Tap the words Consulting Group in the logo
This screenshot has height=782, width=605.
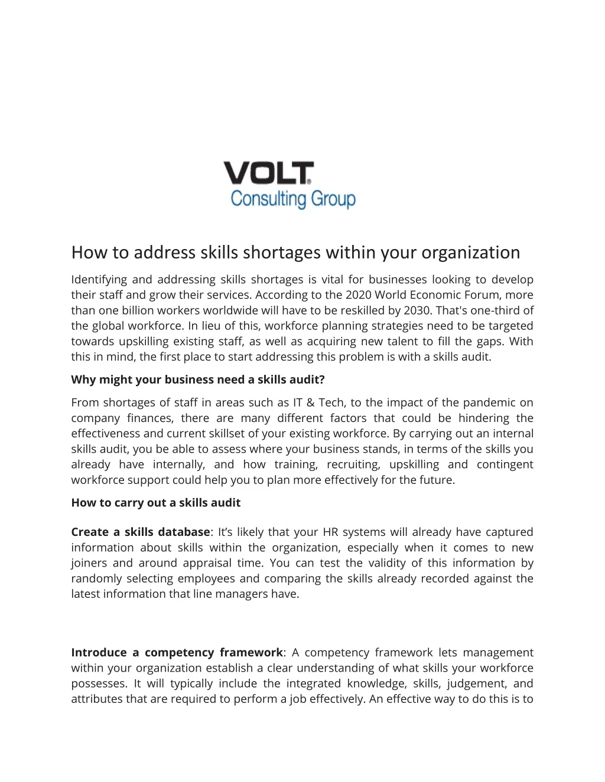click(293, 199)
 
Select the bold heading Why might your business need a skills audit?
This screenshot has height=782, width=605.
click(198, 379)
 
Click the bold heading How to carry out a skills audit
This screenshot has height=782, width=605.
click(156, 503)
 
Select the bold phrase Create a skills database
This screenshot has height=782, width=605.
click(141, 532)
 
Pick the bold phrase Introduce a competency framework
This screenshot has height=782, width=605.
click(177, 653)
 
